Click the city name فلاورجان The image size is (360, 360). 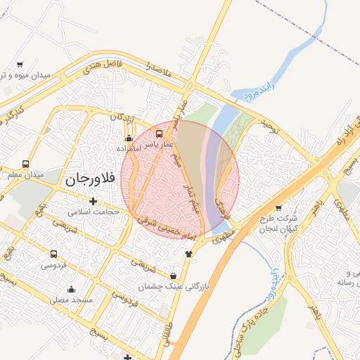(x=89, y=179)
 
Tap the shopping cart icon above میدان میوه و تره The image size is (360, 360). (x=19, y=64)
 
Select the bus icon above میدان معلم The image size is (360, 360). (x=26, y=164)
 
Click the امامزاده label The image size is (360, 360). (x=130, y=149)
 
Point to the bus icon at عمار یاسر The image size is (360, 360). (x=160, y=133)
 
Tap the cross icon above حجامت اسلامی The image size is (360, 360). (x=93, y=202)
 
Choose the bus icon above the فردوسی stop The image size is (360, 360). (x=53, y=254)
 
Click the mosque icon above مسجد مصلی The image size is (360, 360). (x=71, y=289)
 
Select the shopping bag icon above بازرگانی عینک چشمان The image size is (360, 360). (x=174, y=276)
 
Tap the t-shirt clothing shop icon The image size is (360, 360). (x=188, y=254)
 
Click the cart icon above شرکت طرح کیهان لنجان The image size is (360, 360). (x=278, y=207)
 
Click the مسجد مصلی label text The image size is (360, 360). (x=71, y=300)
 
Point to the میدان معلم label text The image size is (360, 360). (x=26, y=174)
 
